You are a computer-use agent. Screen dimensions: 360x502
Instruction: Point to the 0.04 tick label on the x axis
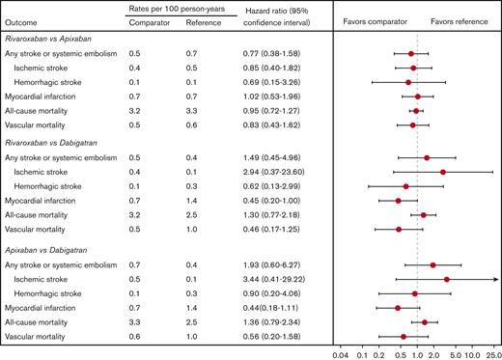coord(339,353)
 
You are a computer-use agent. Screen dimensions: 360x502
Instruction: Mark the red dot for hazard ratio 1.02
coord(418,97)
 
